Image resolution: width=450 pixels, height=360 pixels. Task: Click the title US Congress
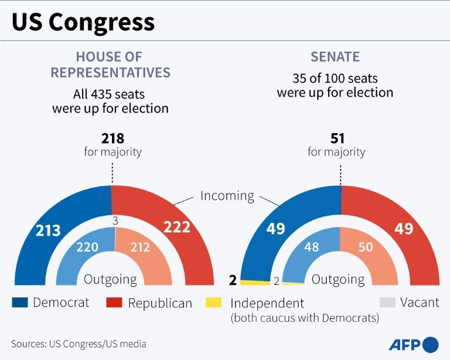(83, 22)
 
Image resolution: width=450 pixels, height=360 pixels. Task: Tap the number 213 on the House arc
(48, 230)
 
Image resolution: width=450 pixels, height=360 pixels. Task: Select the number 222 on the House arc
(176, 227)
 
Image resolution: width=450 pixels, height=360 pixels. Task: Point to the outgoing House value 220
(87, 247)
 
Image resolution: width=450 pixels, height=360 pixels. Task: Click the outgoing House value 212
(141, 247)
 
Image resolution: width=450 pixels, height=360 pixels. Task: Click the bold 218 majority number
(112, 138)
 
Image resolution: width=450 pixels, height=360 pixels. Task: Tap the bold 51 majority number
(337, 138)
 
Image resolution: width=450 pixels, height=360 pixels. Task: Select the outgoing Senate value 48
(312, 247)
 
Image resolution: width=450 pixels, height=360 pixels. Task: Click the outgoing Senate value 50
(366, 247)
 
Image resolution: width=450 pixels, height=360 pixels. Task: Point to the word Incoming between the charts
(227, 196)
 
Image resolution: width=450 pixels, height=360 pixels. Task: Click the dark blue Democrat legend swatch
(20, 303)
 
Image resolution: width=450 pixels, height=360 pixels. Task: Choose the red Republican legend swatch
(114, 303)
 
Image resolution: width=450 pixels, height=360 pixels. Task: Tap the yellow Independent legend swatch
(214, 303)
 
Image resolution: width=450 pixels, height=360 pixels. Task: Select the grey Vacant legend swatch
(388, 303)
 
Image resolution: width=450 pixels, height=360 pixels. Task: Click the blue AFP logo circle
(430, 344)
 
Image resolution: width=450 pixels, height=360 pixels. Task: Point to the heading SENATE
(335, 57)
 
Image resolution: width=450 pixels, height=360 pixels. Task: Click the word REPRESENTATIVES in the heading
(110, 72)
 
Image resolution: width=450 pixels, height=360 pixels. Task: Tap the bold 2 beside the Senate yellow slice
(233, 280)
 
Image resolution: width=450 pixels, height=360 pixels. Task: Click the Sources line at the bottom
(79, 344)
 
